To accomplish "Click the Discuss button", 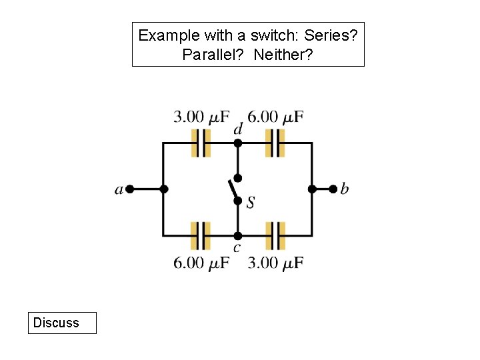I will [61, 323].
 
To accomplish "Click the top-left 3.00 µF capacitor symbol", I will [201, 143].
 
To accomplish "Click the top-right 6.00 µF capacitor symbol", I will [275, 143].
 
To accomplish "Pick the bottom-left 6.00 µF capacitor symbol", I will [201, 235].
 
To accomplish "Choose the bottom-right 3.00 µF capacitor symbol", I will [275, 235].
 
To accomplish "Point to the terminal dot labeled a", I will [130, 189].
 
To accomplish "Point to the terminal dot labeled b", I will [333, 189].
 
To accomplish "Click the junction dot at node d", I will [238, 143].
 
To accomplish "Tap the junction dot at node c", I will [238, 235].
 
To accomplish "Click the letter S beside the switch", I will [250, 201].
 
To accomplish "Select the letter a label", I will [119, 190].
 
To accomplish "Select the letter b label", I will [345, 189].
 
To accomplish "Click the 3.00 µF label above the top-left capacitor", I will [201, 117].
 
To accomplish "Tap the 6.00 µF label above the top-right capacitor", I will [275, 117].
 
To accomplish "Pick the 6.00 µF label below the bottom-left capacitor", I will [201, 262].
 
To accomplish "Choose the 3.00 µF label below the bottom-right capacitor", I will [275, 262].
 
